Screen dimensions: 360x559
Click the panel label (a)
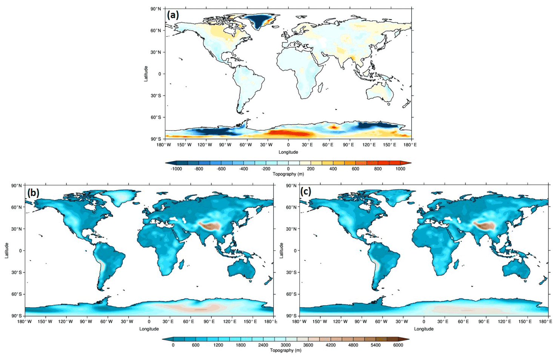click(172, 15)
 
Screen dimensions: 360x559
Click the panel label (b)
click(33, 193)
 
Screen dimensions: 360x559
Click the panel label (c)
click(306, 192)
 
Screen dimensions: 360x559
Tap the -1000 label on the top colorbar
click(176, 169)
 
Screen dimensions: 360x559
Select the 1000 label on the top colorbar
click(400, 169)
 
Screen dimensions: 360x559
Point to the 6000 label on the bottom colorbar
click(398, 345)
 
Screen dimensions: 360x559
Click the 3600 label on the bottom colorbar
click(308, 345)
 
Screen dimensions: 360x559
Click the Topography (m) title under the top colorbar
click(288, 174)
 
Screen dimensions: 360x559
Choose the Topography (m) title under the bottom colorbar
click(285, 350)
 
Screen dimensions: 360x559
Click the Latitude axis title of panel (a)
click(146, 74)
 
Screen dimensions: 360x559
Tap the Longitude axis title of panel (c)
click(423, 329)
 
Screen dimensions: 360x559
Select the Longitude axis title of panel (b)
click(149, 329)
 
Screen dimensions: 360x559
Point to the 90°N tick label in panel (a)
click(156, 9)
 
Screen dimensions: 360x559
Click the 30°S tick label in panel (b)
click(17, 272)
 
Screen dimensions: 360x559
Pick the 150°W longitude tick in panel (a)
click(184, 145)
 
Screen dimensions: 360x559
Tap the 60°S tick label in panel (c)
click(291, 294)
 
